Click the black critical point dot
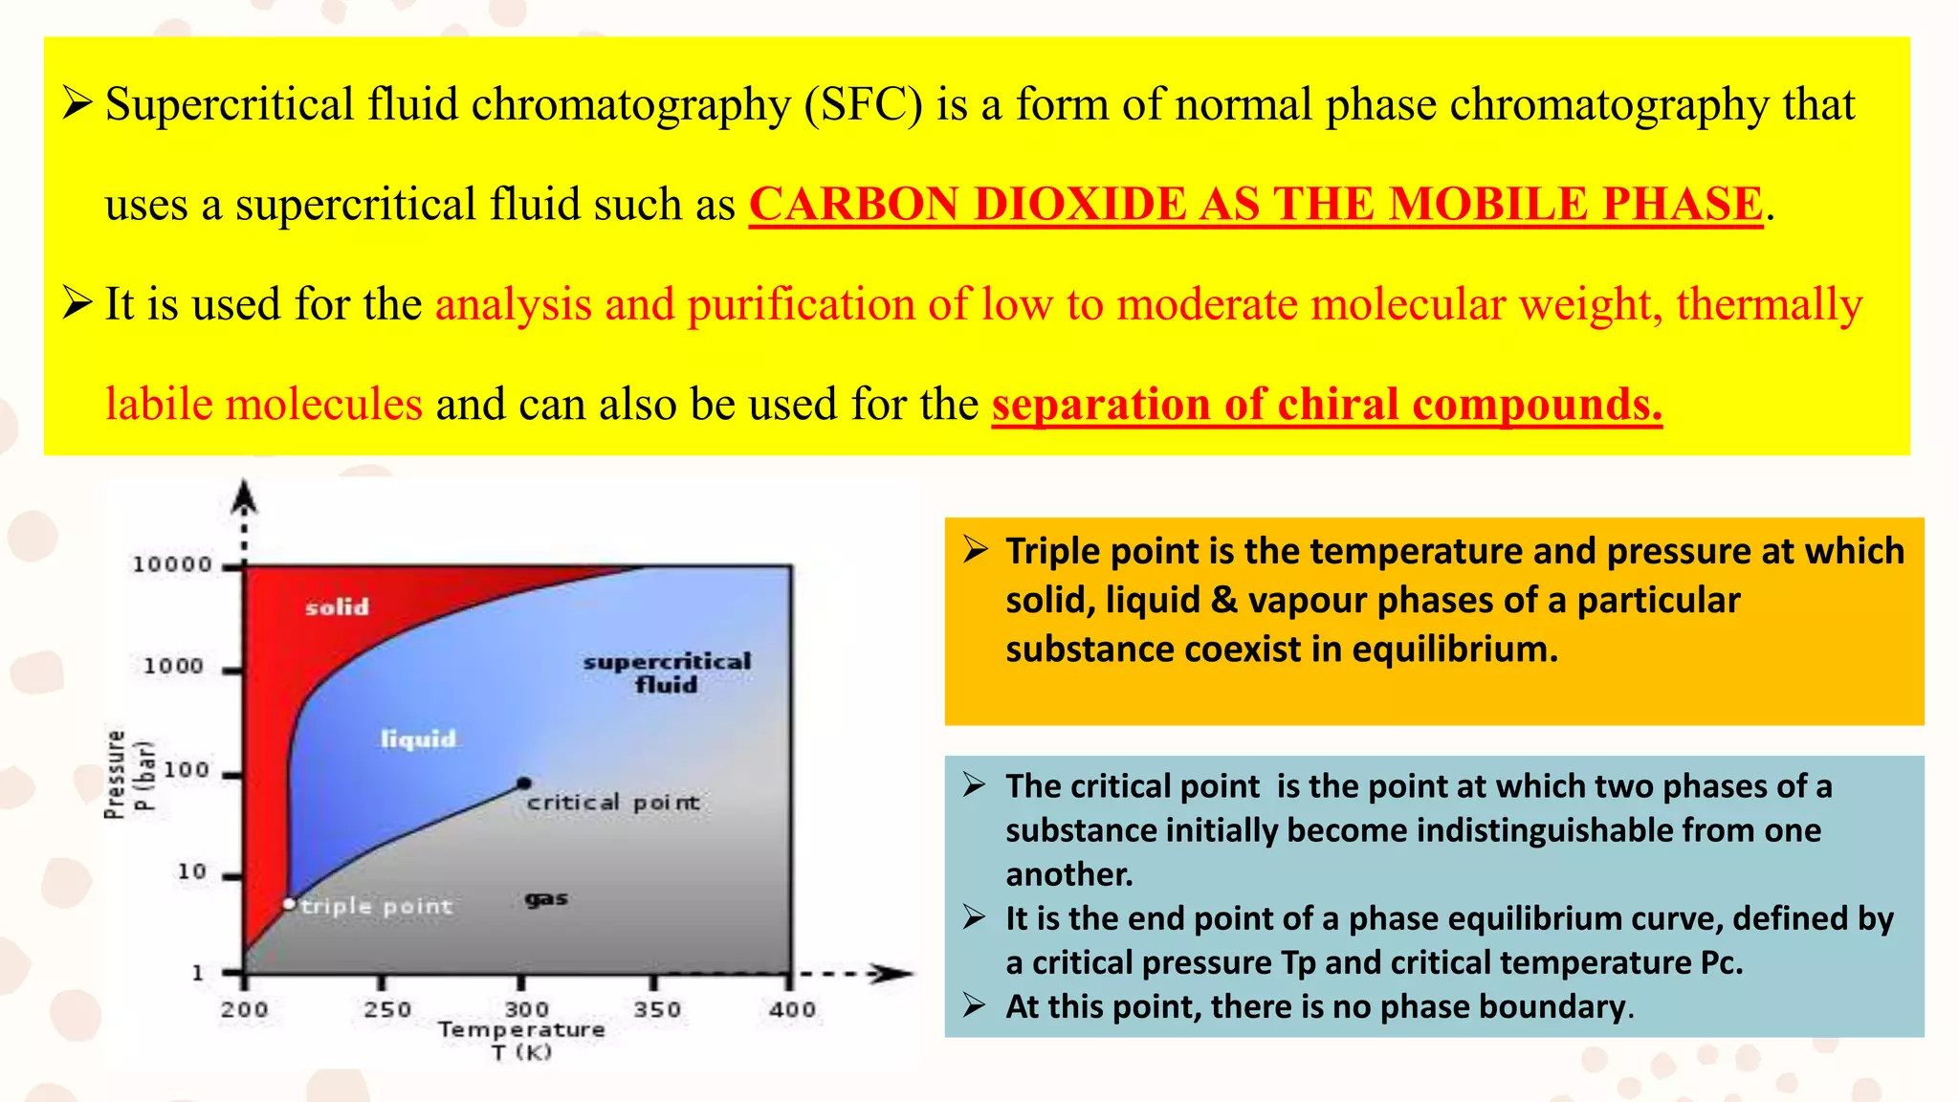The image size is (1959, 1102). [x=523, y=783]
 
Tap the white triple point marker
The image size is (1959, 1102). [x=290, y=904]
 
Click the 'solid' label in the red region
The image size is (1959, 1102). [x=337, y=607]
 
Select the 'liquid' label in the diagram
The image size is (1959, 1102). [x=418, y=738]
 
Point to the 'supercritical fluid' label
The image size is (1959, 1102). [x=667, y=672]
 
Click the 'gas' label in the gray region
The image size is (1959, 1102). [x=546, y=898]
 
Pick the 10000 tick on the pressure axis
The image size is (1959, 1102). [x=172, y=565]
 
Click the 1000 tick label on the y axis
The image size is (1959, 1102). [x=173, y=666]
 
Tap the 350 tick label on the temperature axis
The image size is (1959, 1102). [x=657, y=1010]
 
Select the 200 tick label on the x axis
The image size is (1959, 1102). [x=245, y=1010]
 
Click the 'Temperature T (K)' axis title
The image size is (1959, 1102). [x=521, y=1040]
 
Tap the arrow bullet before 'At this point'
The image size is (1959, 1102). [x=975, y=1005]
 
